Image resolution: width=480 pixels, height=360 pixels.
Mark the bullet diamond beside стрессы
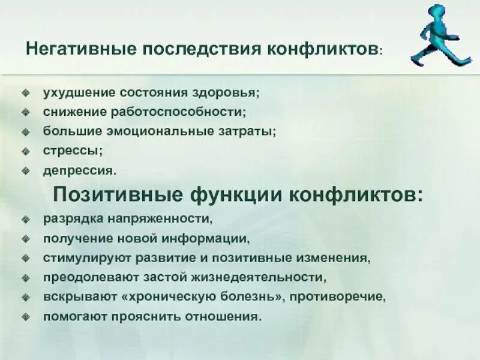pos(25,151)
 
